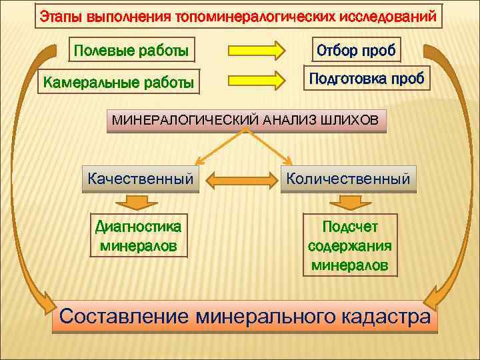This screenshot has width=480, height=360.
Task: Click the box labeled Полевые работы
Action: [x=131, y=50]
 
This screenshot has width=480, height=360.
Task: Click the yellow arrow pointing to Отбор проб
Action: [x=257, y=50]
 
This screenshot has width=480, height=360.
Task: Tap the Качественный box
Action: [x=141, y=179]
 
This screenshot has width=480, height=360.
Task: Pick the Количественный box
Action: [x=348, y=179]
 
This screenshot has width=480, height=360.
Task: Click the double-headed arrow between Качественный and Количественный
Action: [x=240, y=179]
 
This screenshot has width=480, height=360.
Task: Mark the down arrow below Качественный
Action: [x=139, y=202]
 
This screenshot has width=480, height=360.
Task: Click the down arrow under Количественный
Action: [x=348, y=202]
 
